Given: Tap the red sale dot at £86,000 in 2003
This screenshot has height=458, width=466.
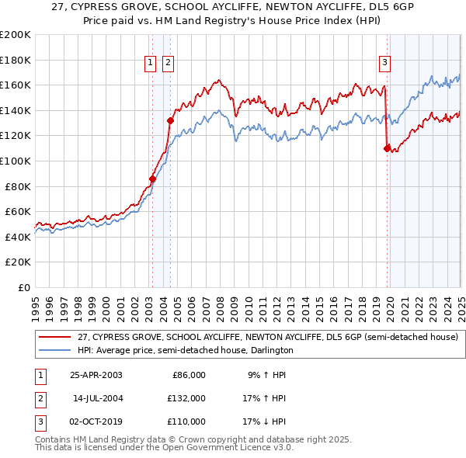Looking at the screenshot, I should (x=153, y=179).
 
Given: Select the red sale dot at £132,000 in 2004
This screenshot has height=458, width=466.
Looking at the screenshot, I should (x=170, y=120).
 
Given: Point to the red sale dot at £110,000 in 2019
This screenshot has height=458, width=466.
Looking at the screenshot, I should (x=387, y=148).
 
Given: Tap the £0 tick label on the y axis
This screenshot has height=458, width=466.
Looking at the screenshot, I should (x=23, y=287).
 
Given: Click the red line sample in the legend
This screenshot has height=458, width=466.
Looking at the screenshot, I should (x=54, y=337).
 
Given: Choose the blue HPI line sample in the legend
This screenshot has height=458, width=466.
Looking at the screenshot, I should (x=54, y=350).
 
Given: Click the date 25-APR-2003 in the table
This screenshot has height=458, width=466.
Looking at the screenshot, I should (x=96, y=375).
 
